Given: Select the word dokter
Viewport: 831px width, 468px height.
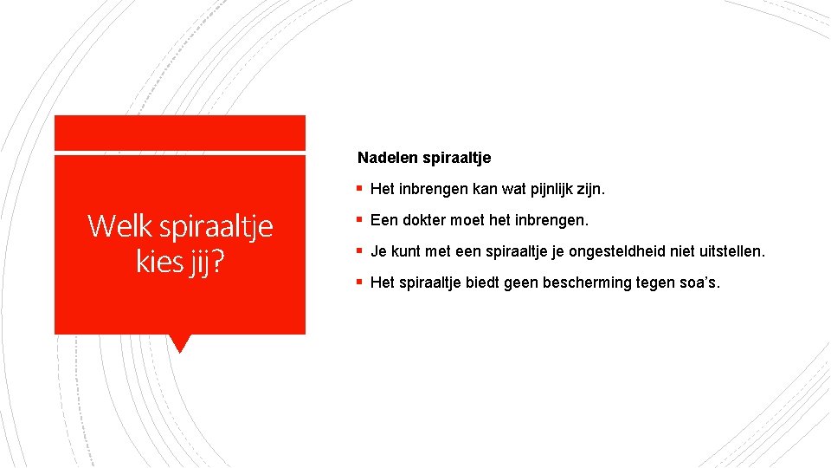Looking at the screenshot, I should coord(419,220).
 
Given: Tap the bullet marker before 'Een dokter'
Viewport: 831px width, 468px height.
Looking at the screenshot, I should coord(360,220).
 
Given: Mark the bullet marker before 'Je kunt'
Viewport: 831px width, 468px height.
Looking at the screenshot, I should coord(360,251).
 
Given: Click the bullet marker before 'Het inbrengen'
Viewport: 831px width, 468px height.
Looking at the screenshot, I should coord(360,189).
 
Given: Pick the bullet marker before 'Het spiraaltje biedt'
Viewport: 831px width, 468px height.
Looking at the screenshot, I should coord(360,283).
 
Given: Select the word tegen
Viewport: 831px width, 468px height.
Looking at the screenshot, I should coord(660,283).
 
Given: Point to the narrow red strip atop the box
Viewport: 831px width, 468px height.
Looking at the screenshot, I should coord(179,133).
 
